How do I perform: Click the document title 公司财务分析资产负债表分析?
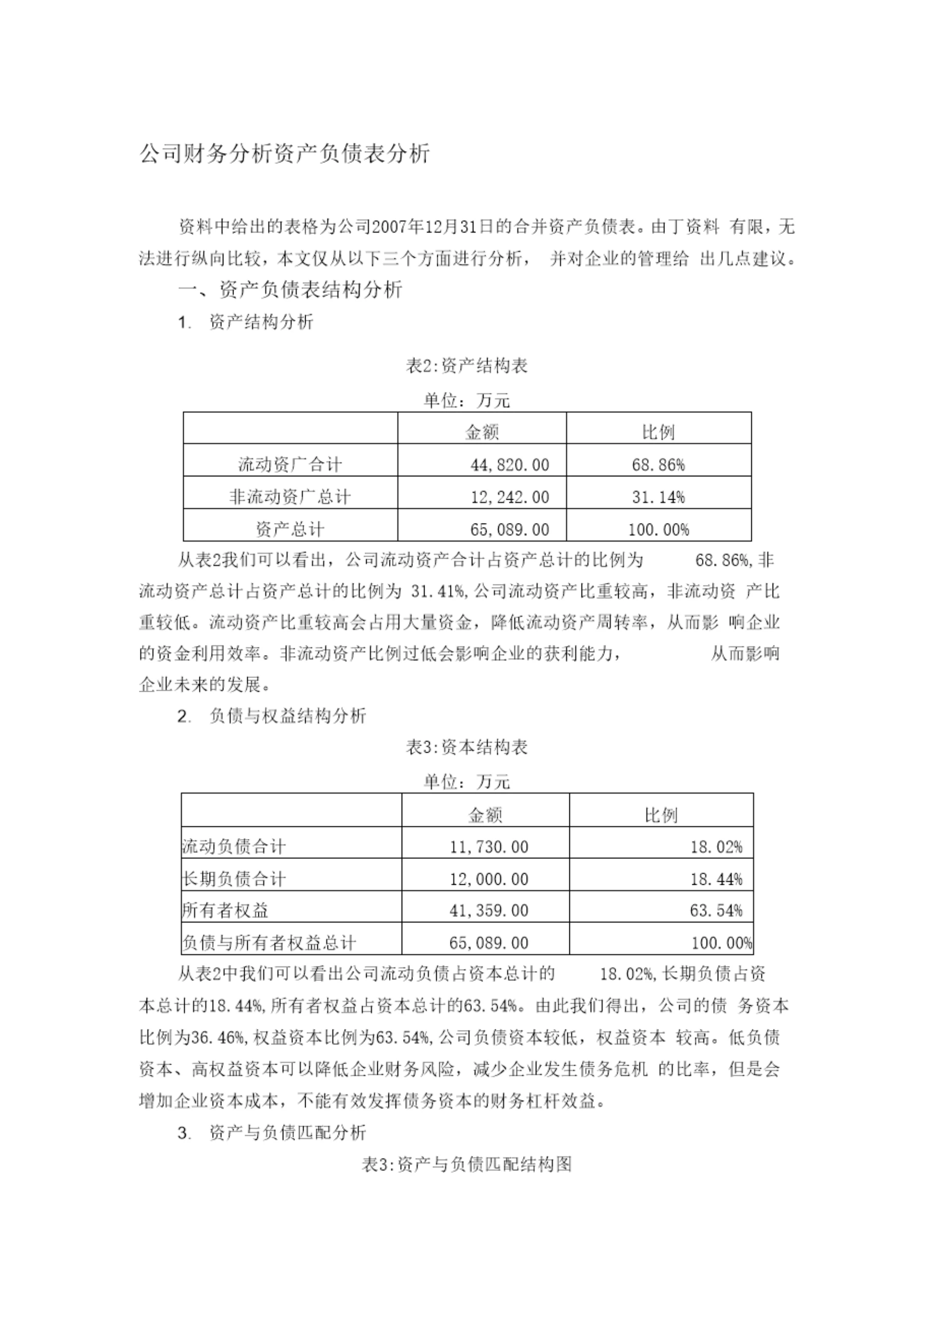pos(284,154)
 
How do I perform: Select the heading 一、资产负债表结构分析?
pos(290,290)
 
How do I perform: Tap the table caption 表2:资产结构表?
pos(467,366)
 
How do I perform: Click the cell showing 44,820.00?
pos(510,465)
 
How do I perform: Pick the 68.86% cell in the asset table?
pos(658,465)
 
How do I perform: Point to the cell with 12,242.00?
pos(510,497)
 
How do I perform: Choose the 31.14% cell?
pos(658,497)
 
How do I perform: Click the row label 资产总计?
pos(290,529)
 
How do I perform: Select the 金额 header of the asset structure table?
pos(482,432)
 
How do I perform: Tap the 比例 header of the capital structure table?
pos(661,815)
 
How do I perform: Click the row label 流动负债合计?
pos(234,847)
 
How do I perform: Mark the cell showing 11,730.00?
pos(488,847)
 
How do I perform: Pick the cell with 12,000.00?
pos(488,879)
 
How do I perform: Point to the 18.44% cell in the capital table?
pos(716,879)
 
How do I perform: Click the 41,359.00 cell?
pos(488,911)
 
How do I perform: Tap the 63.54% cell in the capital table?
pos(716,911)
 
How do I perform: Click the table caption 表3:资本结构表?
pos(467,747)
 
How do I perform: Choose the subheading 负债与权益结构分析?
pos(288,716)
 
